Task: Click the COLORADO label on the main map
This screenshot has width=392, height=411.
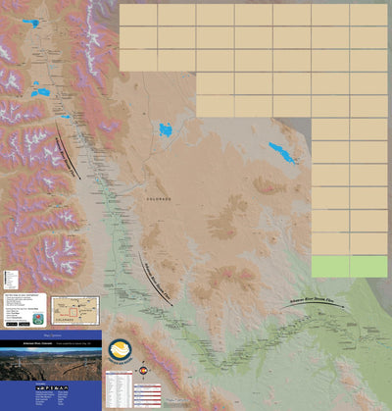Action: click(159, 198)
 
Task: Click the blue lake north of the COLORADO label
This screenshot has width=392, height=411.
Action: click(165, 128)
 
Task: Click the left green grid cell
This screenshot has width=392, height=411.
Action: click(330, 266)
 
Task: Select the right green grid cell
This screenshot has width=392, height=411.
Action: click(368, 266)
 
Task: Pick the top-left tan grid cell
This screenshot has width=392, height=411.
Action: click(138, 15)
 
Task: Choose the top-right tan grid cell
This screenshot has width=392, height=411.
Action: click(368, 15)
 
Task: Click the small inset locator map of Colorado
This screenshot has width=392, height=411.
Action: click(74, 311)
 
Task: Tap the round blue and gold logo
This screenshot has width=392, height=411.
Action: click(120, 351)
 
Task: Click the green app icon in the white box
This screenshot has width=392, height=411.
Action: click(37, 320)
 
